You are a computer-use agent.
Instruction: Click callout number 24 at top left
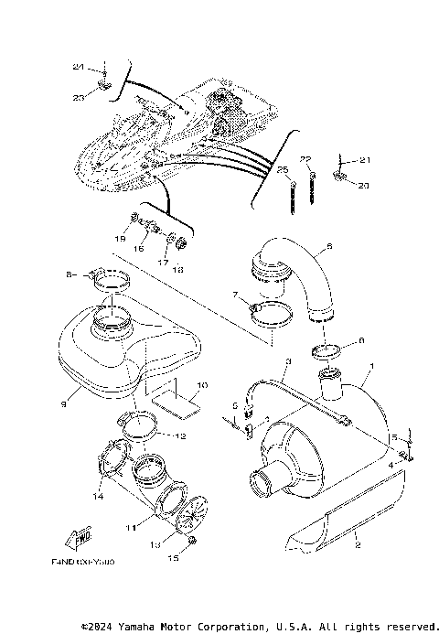[77, 68]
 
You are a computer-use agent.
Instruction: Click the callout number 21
[366, 160]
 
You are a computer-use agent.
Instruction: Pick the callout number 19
[119, 239]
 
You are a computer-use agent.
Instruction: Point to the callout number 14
[98, 497]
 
